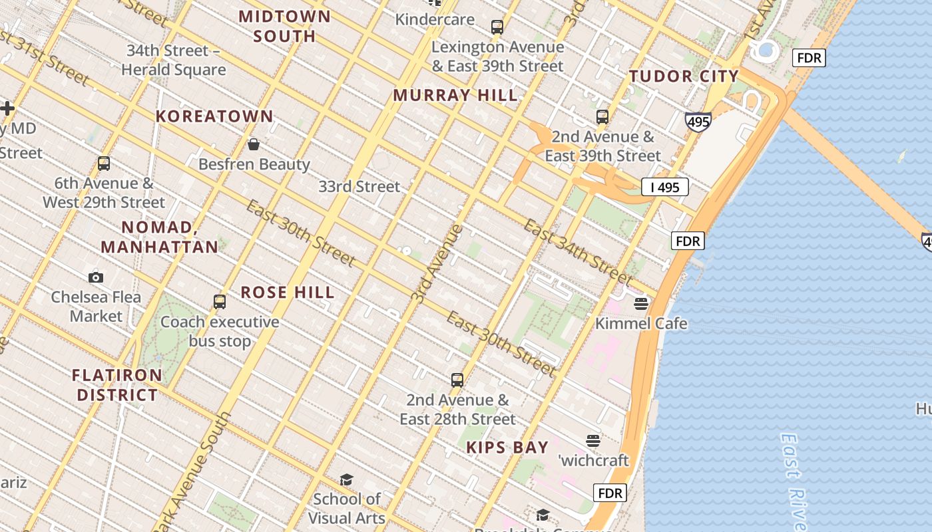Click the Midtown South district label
[x=284, y=26]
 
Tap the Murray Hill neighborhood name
[x=455, y=95]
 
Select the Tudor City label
[x=684, y=76]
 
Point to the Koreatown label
[x=214, y=116]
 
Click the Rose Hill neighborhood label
[x=288, y=293]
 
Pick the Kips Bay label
[x=507, y=448]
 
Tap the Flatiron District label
[x=117, y=385]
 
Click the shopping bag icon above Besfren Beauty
[x=254, y=144]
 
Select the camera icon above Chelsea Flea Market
[x=96, y=277]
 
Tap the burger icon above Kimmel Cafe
[x=641, y=304]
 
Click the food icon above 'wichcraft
[x=593, y=440]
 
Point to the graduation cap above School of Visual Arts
[x=346, y=479]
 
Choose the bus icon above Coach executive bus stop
[x=220, y=302]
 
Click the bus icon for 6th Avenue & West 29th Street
[x=104, y=164]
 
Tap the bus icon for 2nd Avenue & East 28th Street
[x=457, y=380]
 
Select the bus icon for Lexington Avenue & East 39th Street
[x=497, y=27]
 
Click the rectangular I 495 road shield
[x=664, y=187]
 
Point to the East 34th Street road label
[x=577, y=252]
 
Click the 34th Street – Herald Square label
[x=173, y=60]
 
